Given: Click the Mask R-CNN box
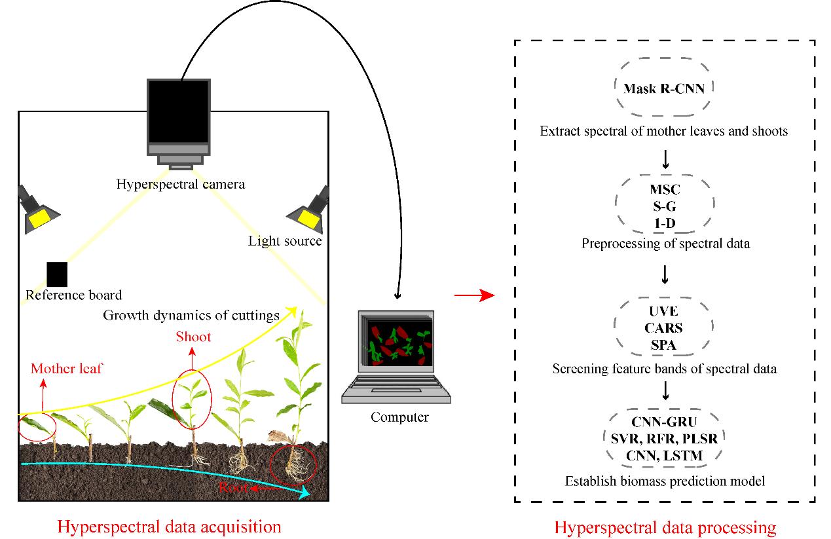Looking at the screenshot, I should [x=664, y=88].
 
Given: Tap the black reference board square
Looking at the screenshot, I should [x=57, y=274].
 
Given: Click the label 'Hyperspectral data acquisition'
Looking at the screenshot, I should [x=169, y=527].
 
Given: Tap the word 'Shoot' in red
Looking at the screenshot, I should [x=193, y=337].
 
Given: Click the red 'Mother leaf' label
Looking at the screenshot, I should [x=66, y=369].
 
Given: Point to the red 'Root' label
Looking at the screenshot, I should [x=234, y=487].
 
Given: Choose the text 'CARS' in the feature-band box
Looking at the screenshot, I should [x=664, y=327].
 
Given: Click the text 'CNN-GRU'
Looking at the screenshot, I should [x=665, y=422].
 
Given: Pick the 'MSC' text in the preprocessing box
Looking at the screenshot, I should [x=665, y=190].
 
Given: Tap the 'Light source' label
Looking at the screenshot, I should [x=285, y=241].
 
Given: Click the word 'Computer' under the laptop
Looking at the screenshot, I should [x=399, y=417].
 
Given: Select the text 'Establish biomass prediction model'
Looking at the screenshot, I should [x=665, y=481].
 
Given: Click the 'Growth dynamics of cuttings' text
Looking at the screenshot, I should [x=191, y=315].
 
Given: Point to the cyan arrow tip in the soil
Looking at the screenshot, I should [x=306, y=494].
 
